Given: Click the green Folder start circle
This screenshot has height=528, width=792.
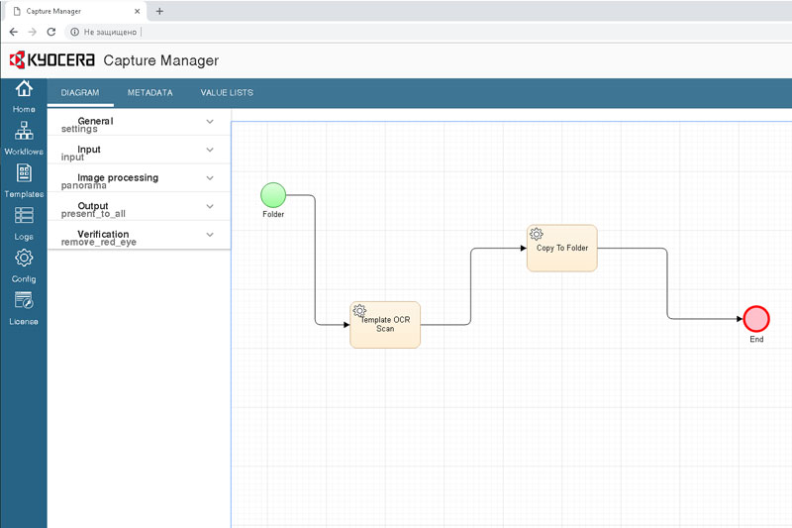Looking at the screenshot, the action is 273,195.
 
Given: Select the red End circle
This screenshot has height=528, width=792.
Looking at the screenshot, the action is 756,319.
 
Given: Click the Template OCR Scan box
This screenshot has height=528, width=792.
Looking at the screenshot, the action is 385,324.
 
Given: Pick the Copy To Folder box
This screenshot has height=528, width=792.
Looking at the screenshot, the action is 561,248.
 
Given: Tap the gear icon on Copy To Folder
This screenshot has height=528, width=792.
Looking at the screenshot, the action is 536,234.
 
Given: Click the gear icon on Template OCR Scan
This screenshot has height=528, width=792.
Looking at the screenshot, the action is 359,310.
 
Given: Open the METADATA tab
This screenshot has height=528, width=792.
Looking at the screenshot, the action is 150,92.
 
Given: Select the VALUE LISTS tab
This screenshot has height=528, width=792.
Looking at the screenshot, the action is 227,92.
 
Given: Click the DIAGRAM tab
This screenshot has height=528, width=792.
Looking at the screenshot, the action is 80,92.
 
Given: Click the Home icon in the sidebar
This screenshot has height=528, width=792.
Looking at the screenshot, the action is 24,88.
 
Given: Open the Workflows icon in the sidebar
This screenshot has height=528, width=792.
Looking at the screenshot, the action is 24,131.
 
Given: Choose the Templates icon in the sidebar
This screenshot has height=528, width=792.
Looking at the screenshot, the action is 24,172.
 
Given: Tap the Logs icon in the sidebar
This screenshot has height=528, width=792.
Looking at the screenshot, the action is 24,215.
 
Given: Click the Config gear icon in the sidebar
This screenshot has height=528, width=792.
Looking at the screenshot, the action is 24,258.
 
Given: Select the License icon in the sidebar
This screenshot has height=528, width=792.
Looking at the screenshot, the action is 24,300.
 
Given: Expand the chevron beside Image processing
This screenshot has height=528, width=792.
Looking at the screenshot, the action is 210,178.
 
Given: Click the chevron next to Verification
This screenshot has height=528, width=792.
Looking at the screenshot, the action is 210,235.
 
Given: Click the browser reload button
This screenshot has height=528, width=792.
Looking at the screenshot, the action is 51,32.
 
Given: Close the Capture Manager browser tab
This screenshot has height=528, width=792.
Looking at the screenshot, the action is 137,11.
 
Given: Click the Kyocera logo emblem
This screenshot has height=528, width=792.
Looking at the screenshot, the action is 17,59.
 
